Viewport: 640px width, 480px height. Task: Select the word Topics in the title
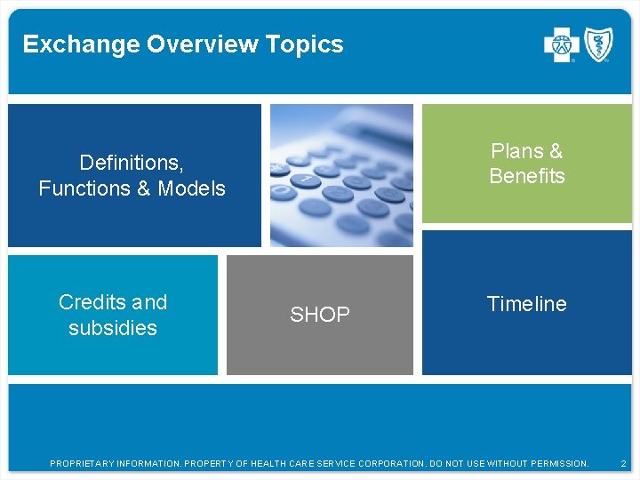[310, 44]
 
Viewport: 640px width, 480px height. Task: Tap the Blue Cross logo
[561, 45]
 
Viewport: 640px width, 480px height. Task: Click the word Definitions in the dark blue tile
[132, 163]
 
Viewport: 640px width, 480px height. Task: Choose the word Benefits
[527, 176]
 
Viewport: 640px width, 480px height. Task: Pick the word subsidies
[113, 328]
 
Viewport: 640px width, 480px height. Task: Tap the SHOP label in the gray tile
[320, 315]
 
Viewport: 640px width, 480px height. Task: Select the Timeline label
[527, 304]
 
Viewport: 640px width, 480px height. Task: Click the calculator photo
[341, 175]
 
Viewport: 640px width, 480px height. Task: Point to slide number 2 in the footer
[623, 464]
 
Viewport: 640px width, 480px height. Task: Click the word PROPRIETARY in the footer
[81, 464]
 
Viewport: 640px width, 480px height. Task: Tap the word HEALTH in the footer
[270, 464]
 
